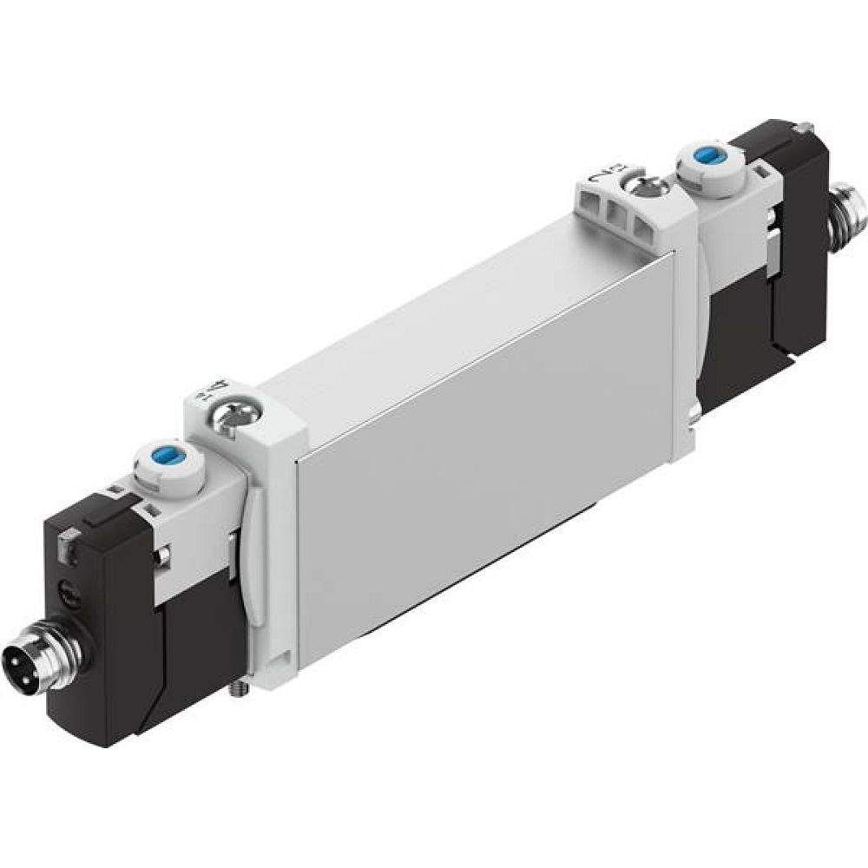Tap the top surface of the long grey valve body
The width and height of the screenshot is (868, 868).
(x=434, y=330)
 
